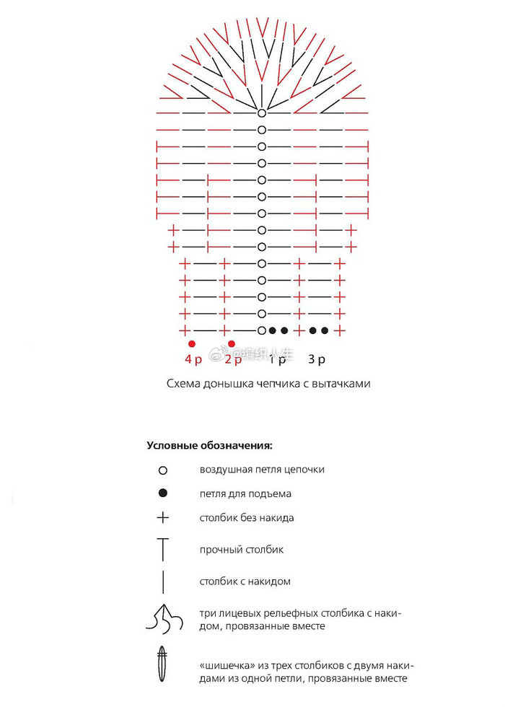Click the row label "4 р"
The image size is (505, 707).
coord(193,359)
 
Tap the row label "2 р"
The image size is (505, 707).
coord(233,359)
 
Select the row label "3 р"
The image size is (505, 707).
coord(316,359)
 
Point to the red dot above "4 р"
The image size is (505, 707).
coord(192,344)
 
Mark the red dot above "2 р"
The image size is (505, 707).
coord(232,344)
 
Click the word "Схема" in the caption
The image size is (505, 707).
coord(183,384)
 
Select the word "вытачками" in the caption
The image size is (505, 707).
coord(344,384)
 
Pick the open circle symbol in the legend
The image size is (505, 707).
coord(163,470)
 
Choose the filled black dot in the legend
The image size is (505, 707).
coord(163,493)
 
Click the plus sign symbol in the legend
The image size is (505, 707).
coord(163,517)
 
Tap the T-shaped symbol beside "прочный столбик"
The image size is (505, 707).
coord(163,549)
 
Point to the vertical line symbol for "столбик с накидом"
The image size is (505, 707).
coord(163,581)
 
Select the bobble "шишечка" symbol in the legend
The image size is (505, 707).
coord(163,664)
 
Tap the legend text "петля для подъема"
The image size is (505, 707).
coord(245,494)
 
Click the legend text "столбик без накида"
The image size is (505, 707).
coord(247,518)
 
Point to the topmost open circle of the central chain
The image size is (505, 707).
coord(262,113)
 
